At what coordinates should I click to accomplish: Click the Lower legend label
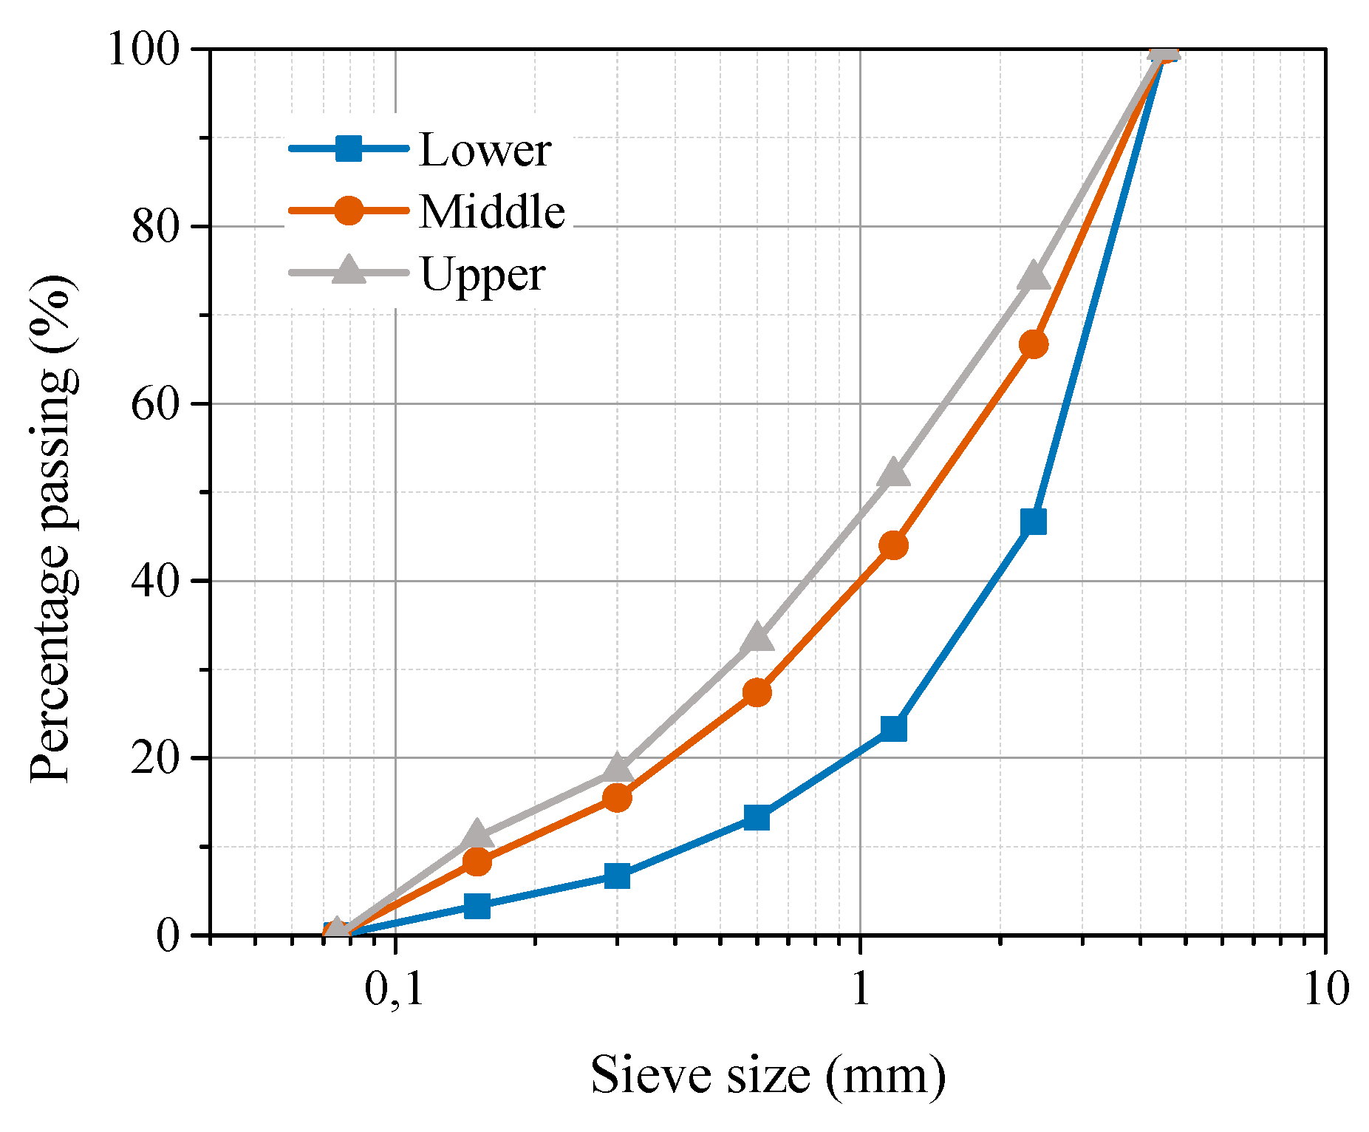coord(484,150)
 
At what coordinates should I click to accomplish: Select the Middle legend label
coord(492,212)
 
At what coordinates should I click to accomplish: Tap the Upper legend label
coord(482,274)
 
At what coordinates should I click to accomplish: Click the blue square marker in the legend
coord(348,149)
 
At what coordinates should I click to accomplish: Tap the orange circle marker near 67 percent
coord(1033,344)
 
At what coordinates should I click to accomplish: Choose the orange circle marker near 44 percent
coord(893,545)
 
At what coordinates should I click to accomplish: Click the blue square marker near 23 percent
coord(893,729)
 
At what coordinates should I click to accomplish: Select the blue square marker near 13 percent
coord(757,817)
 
